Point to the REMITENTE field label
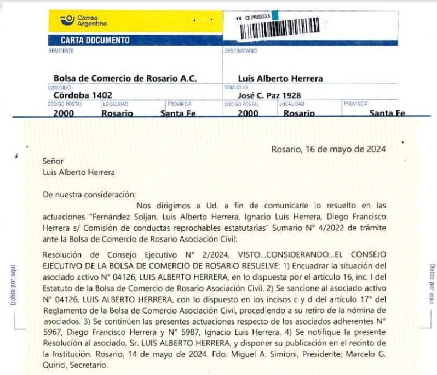click(x=61, y=51)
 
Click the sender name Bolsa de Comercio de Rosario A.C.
click(x=125, y=78)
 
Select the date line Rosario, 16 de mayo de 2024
click(x=329, y=149)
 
